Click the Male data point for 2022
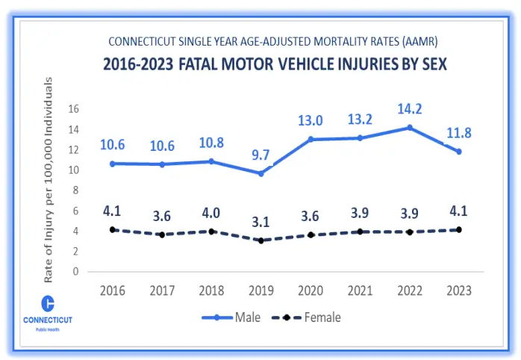click(408, 128)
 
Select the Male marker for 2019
click(260, 173)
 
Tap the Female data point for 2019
click(260, 240)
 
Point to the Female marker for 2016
click(113, 230)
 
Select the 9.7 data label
click(260, 155)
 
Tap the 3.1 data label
click(260, 222)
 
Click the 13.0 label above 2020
click(309, 120)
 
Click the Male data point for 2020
click(309, 140)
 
